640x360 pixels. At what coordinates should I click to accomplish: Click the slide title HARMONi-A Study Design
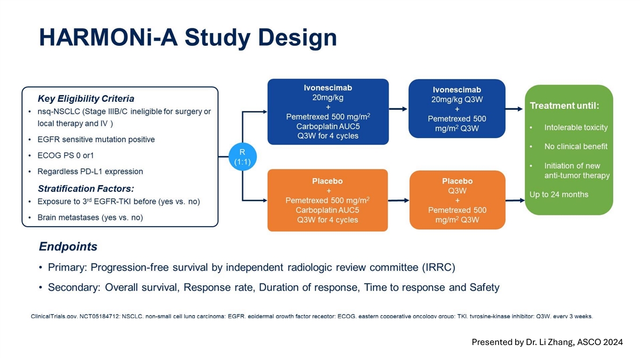coord(188,38)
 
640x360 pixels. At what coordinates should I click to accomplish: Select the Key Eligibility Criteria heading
coord(86,99)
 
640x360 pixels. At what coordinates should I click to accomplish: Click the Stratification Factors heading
coord(85,188)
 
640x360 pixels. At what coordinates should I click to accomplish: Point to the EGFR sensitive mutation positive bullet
coord(96,140)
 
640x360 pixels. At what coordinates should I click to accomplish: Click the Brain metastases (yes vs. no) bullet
coord(90,218)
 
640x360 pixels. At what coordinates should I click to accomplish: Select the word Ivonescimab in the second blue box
coord(457,90)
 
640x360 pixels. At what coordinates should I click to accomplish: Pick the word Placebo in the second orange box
coord(457,181)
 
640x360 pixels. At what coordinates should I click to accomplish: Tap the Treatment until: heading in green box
coord(564,106)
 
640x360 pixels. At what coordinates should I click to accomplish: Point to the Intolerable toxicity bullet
coord(575,127)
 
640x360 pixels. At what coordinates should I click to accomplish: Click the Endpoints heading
coord(68,246)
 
